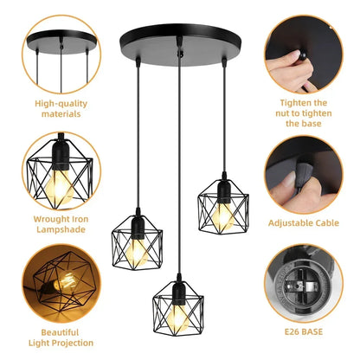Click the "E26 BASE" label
coord(303,330)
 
